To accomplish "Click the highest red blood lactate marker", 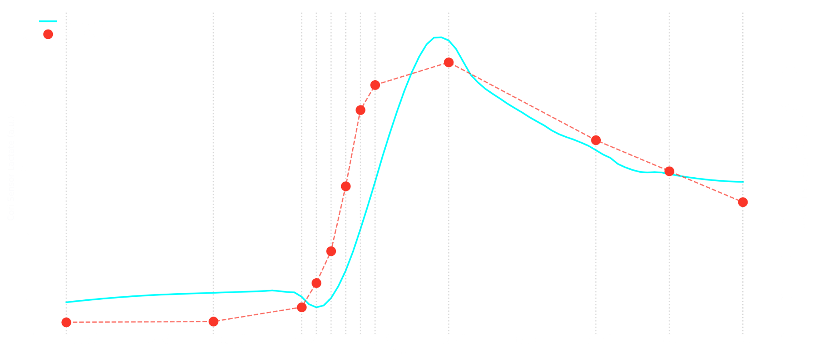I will point(449,63).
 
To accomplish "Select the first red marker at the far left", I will point(66,322).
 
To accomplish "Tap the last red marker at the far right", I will point(743,202).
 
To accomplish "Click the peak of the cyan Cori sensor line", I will point(438,37).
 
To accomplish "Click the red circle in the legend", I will point(48,34).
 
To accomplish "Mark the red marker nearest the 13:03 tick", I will point(596,140).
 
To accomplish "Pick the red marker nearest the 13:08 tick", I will point(669,171).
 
